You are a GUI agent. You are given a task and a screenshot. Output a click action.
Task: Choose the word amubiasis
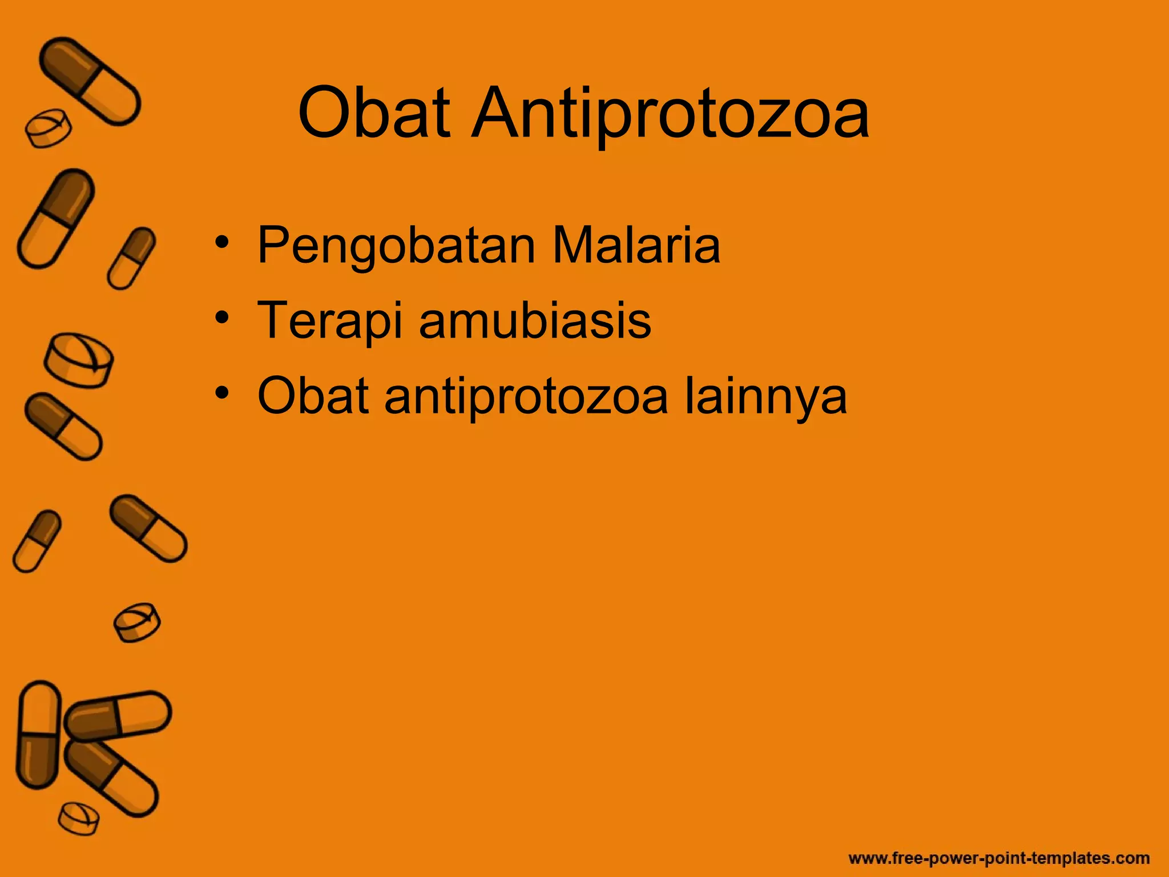pos(535,320)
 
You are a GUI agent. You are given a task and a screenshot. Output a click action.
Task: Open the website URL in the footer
pos(999,858)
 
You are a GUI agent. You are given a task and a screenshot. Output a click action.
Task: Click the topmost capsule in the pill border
pos(90,81)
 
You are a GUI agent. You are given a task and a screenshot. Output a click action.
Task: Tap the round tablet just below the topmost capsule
pos(48,129)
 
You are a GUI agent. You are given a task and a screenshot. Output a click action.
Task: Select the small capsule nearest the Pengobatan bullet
pos(131,258)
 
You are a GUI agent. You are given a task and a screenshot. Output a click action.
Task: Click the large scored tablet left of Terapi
pos(79,360)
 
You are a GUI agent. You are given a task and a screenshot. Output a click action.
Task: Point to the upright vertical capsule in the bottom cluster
pos(39,735)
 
